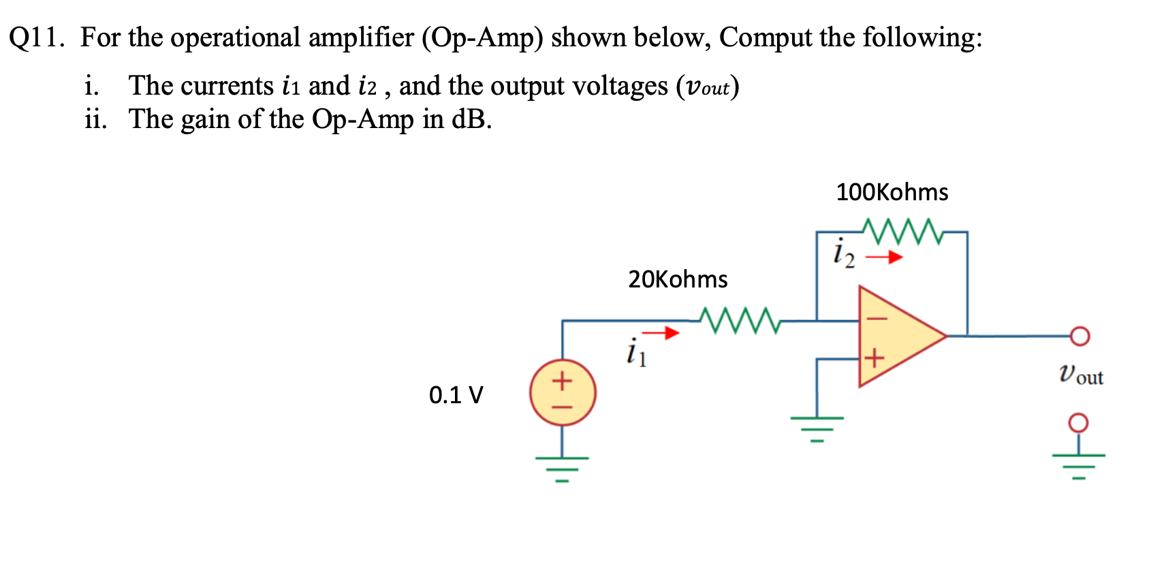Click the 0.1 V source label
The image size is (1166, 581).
(456, 395)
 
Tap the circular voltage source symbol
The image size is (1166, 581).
(563, 393)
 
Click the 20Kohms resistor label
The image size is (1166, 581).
(678, 279)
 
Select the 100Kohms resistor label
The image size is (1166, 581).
(892, 192)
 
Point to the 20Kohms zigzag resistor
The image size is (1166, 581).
(739, 320)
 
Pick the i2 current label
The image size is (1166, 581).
(843, 253)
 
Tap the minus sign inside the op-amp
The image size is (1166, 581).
(876, 318)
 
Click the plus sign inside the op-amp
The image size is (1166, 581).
(874, 357)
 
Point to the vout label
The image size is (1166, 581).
(1081, 375)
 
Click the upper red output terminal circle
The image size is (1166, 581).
(1080, 336)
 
